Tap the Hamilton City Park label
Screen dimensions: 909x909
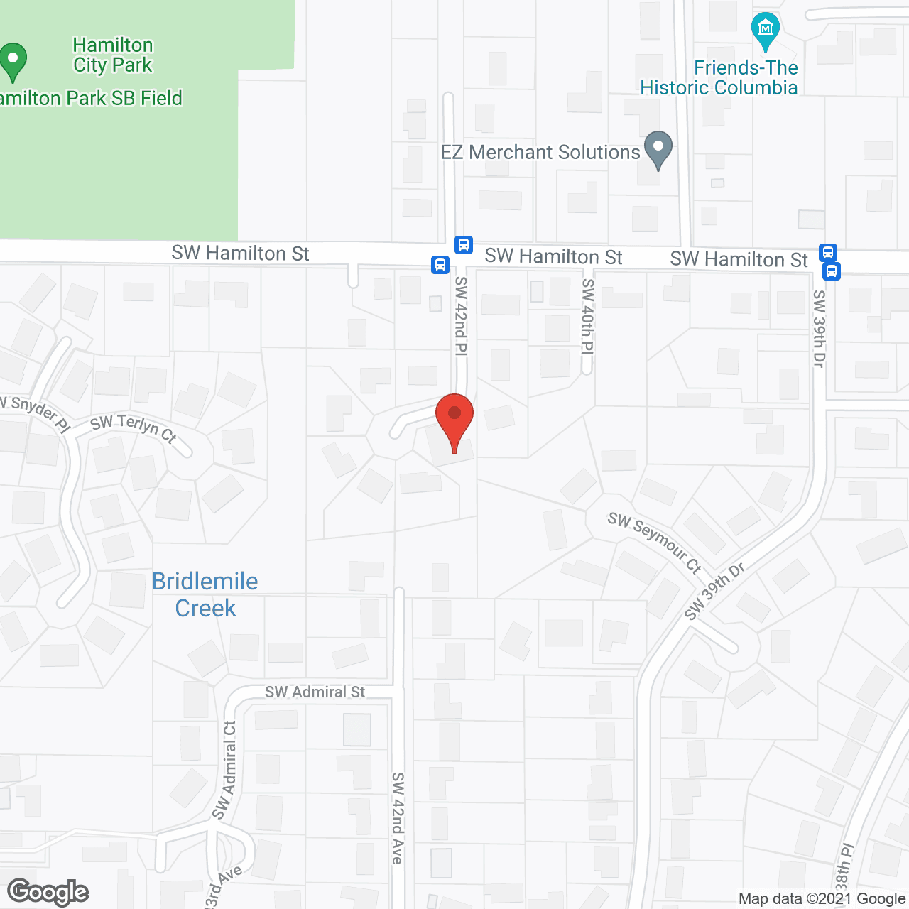[x=113, y=55]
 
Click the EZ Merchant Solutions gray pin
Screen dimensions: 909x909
[x=658, y=149]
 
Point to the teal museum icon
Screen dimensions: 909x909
[x=765, y=31]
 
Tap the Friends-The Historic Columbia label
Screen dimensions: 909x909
[x=719, y=77]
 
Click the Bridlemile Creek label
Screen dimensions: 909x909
[x=205, y=594]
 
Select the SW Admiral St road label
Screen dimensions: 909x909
[x=315, y=692]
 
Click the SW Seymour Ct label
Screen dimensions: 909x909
[x=654, y=542]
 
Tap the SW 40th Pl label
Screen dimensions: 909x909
[x=587, y=316]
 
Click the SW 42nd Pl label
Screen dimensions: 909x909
[x=461, y=316]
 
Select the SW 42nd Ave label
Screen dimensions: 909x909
[x=397, y=818]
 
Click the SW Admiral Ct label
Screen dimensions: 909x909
[x=225, y=770]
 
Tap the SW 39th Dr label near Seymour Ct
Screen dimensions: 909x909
[x=715, y=591]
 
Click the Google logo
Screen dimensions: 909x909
[x=48, y=892]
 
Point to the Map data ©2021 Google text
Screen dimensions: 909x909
[x=822, y=899]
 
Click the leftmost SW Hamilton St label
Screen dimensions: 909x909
[x=240, y=254]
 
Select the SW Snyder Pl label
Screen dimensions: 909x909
[x=36, y=412]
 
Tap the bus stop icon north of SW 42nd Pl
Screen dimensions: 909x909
[x=464, y=245]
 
